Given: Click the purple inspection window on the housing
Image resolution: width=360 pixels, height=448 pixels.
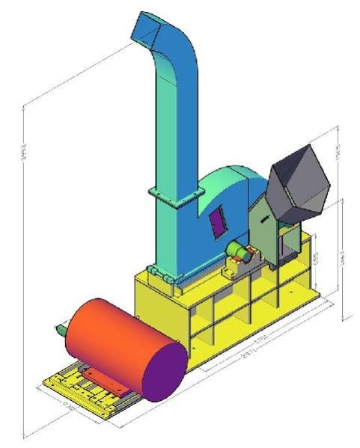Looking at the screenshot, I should pos(218,221).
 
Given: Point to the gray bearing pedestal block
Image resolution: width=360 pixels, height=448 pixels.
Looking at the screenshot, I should pos(243,266).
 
